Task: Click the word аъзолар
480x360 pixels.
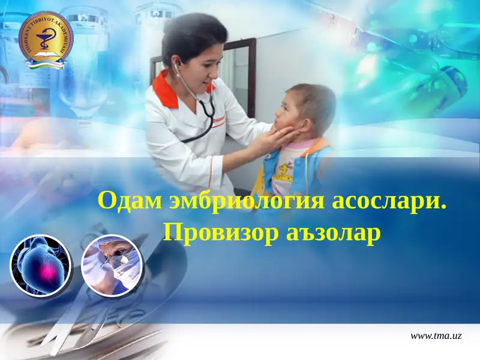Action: coord(330,232)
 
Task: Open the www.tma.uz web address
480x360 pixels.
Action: coord(436,337)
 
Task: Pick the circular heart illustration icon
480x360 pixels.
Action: coord(41,265)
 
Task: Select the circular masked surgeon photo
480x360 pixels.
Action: coord(112,265)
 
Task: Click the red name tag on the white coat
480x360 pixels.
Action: coord(218,120)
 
